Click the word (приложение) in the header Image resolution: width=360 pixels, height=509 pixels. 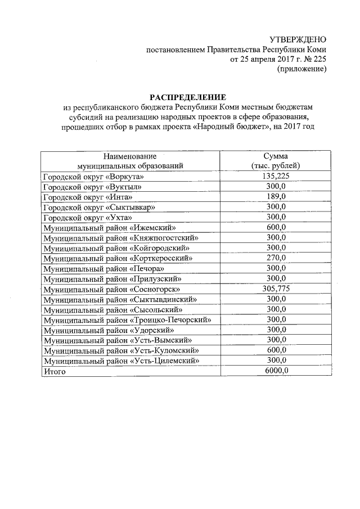301,69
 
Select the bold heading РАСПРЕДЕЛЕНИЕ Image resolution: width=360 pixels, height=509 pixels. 183,96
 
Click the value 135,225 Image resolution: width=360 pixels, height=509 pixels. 276,176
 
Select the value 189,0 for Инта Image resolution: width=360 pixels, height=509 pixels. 276,196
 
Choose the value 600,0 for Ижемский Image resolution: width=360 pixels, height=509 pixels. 276,227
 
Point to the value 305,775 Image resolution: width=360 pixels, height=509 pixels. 276,289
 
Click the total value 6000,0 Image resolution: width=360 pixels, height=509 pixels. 276,371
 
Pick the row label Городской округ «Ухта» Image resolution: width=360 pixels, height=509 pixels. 87,217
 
